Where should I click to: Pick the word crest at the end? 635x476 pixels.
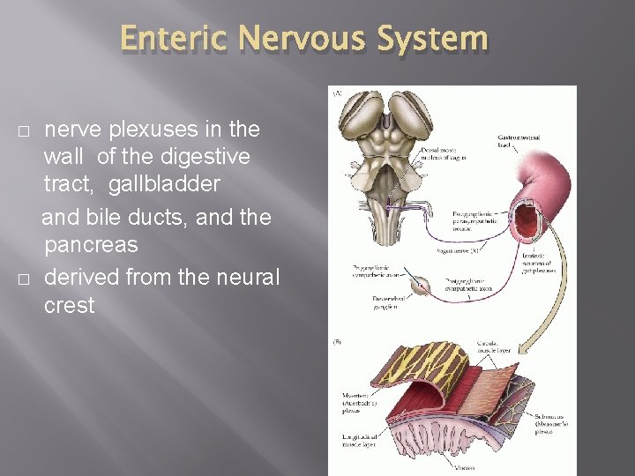[x=69, y=306]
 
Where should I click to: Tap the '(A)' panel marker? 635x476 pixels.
[x=337, y=92]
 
